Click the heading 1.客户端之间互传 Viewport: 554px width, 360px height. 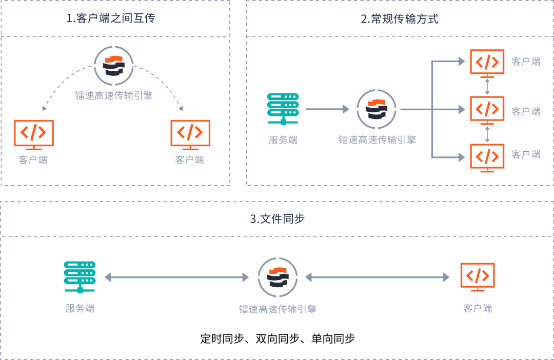point(111,18)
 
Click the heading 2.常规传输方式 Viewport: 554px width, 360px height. point(400,19)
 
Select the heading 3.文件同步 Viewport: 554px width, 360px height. point(277,219)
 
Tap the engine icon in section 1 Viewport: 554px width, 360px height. point(114,66)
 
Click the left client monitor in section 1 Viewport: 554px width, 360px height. point(34,134)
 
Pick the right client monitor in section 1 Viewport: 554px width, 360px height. point(190,134)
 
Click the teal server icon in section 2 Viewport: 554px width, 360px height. point(283,109)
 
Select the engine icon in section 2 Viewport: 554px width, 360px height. point(377,109)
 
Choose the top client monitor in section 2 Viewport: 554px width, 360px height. point(487,63)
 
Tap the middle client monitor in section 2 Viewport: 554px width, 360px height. point(487,110)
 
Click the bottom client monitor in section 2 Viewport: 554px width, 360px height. point(487,157)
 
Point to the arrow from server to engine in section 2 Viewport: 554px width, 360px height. point(327,109)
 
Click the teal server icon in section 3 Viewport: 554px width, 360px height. point(80,277)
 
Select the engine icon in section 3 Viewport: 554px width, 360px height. point(278,277)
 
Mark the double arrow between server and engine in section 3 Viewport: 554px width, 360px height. point(176,277)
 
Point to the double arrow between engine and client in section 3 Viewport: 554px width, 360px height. point(378,277)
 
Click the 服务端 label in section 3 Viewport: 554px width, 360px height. point(80,308)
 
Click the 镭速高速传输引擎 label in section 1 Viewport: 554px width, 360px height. point(114,95)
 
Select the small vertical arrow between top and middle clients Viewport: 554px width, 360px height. point(487,86)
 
